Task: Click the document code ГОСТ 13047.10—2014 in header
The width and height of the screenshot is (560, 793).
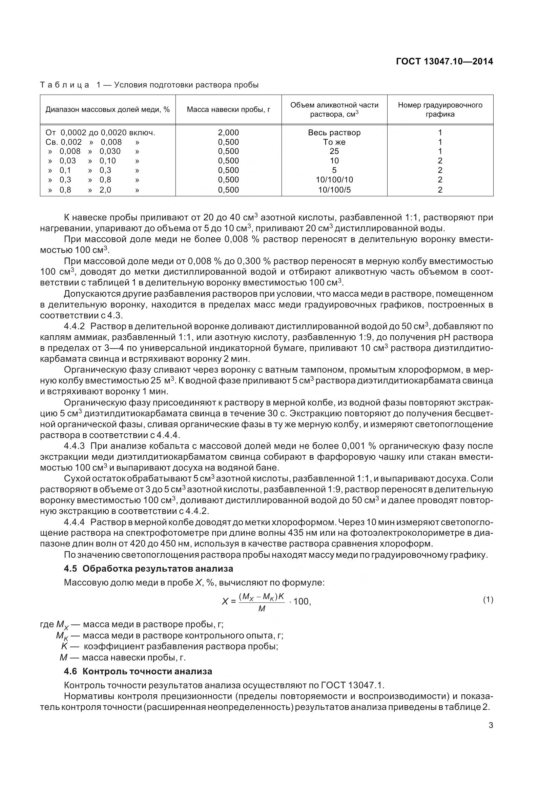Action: click(x=444, y=61)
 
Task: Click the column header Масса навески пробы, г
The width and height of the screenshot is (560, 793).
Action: click(x=228, y=110)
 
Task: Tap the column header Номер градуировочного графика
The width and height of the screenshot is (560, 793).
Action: click(x=440, y=110)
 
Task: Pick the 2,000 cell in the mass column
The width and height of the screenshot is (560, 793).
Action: click(x=228, y=133)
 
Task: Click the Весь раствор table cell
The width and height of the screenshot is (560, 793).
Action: click(x=334, y=133)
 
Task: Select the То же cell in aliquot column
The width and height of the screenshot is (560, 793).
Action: click(x=334, y=142)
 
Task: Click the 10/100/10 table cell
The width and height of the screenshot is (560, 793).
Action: click(x=334, y=180)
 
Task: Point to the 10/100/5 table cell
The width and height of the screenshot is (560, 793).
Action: click(x=334, y=190)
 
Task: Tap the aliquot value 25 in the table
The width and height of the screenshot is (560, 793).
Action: click(x=334, y=151)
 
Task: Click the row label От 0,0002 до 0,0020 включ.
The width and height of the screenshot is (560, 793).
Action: click(x=100, y=133)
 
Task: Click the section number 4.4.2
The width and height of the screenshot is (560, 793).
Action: click(x=74, y=326)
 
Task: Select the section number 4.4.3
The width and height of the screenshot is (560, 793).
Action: click(x=74, y=446)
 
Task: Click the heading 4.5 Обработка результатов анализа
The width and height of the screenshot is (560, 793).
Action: click(x=148, y=569)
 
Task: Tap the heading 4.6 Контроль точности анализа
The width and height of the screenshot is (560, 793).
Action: click(x=138, y=671)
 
